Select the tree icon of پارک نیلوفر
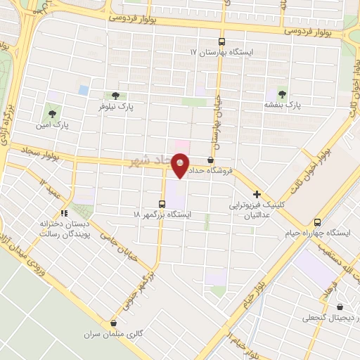click(x=115, y=96)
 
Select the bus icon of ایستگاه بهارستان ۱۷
click(x=221, y=41)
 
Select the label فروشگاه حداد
click(x=230, y=171)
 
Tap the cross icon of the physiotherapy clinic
click(x=257, y=194)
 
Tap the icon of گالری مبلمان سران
click(x=112, y=322)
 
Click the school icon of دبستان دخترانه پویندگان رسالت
click(x=64, y=212)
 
